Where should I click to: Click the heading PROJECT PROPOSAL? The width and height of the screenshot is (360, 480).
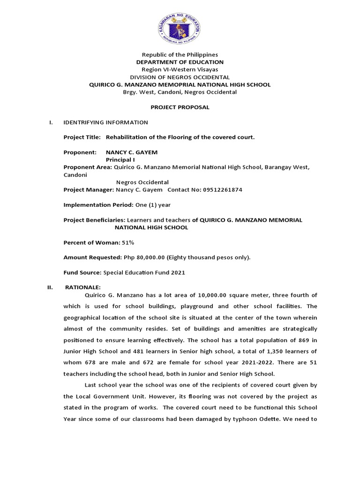pos(180,107)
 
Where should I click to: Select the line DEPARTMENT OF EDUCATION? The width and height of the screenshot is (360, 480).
pos(180,62)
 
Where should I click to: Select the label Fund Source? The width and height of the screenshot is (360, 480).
pos(82,272)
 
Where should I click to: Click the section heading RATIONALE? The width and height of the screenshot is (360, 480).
pos(82,287)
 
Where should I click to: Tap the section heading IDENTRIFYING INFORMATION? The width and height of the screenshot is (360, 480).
pos(105,122)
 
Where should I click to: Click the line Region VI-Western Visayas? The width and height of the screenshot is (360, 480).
pos(180,69)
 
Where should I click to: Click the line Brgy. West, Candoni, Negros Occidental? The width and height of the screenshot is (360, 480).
pos(180,92)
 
